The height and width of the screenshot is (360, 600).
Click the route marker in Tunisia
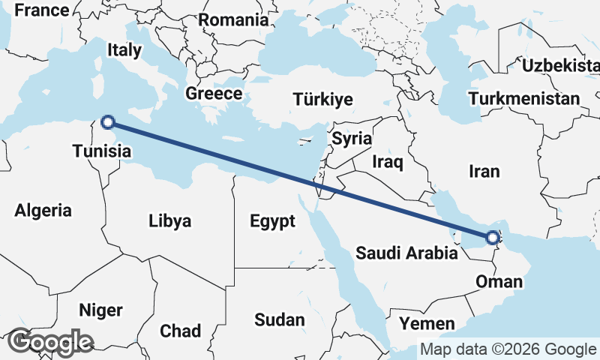107,121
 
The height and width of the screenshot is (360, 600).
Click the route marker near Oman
492,238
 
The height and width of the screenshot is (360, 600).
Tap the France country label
42,10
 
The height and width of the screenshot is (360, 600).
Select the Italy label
124,50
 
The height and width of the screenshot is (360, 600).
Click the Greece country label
214,94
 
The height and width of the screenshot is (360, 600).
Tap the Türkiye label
322,100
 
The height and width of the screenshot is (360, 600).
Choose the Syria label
352,138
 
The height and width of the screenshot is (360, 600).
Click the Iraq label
388,161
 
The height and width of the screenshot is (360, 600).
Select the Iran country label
484,172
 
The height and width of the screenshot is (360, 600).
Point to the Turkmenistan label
523,98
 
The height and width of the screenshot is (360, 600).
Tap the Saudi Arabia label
406,253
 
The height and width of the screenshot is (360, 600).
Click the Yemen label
427,324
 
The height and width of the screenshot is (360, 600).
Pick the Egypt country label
273,221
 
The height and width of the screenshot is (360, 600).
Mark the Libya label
170,221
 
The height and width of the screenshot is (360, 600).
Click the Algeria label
43,211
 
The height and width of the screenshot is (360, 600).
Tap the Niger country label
100,310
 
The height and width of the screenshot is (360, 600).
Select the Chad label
180,331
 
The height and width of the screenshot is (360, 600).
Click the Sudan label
280,320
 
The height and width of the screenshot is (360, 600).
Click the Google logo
51,342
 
